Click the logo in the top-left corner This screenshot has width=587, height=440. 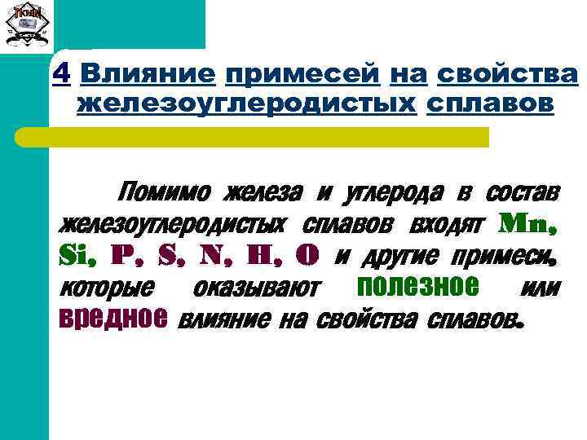point(27,27)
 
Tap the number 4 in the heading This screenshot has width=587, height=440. point(60,75)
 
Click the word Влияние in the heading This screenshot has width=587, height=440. point(148,75)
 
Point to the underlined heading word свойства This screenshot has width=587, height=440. point(507,75)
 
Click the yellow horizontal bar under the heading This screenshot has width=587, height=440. point(276,137)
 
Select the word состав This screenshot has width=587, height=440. point(522,193)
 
